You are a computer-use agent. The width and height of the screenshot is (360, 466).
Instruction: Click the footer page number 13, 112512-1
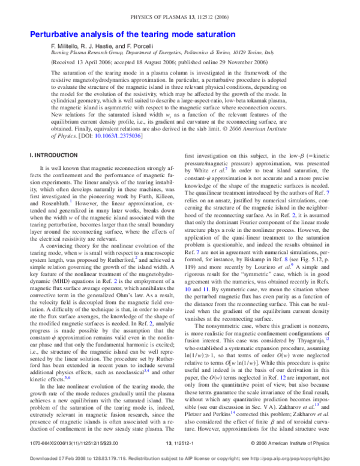coord(181,443)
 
